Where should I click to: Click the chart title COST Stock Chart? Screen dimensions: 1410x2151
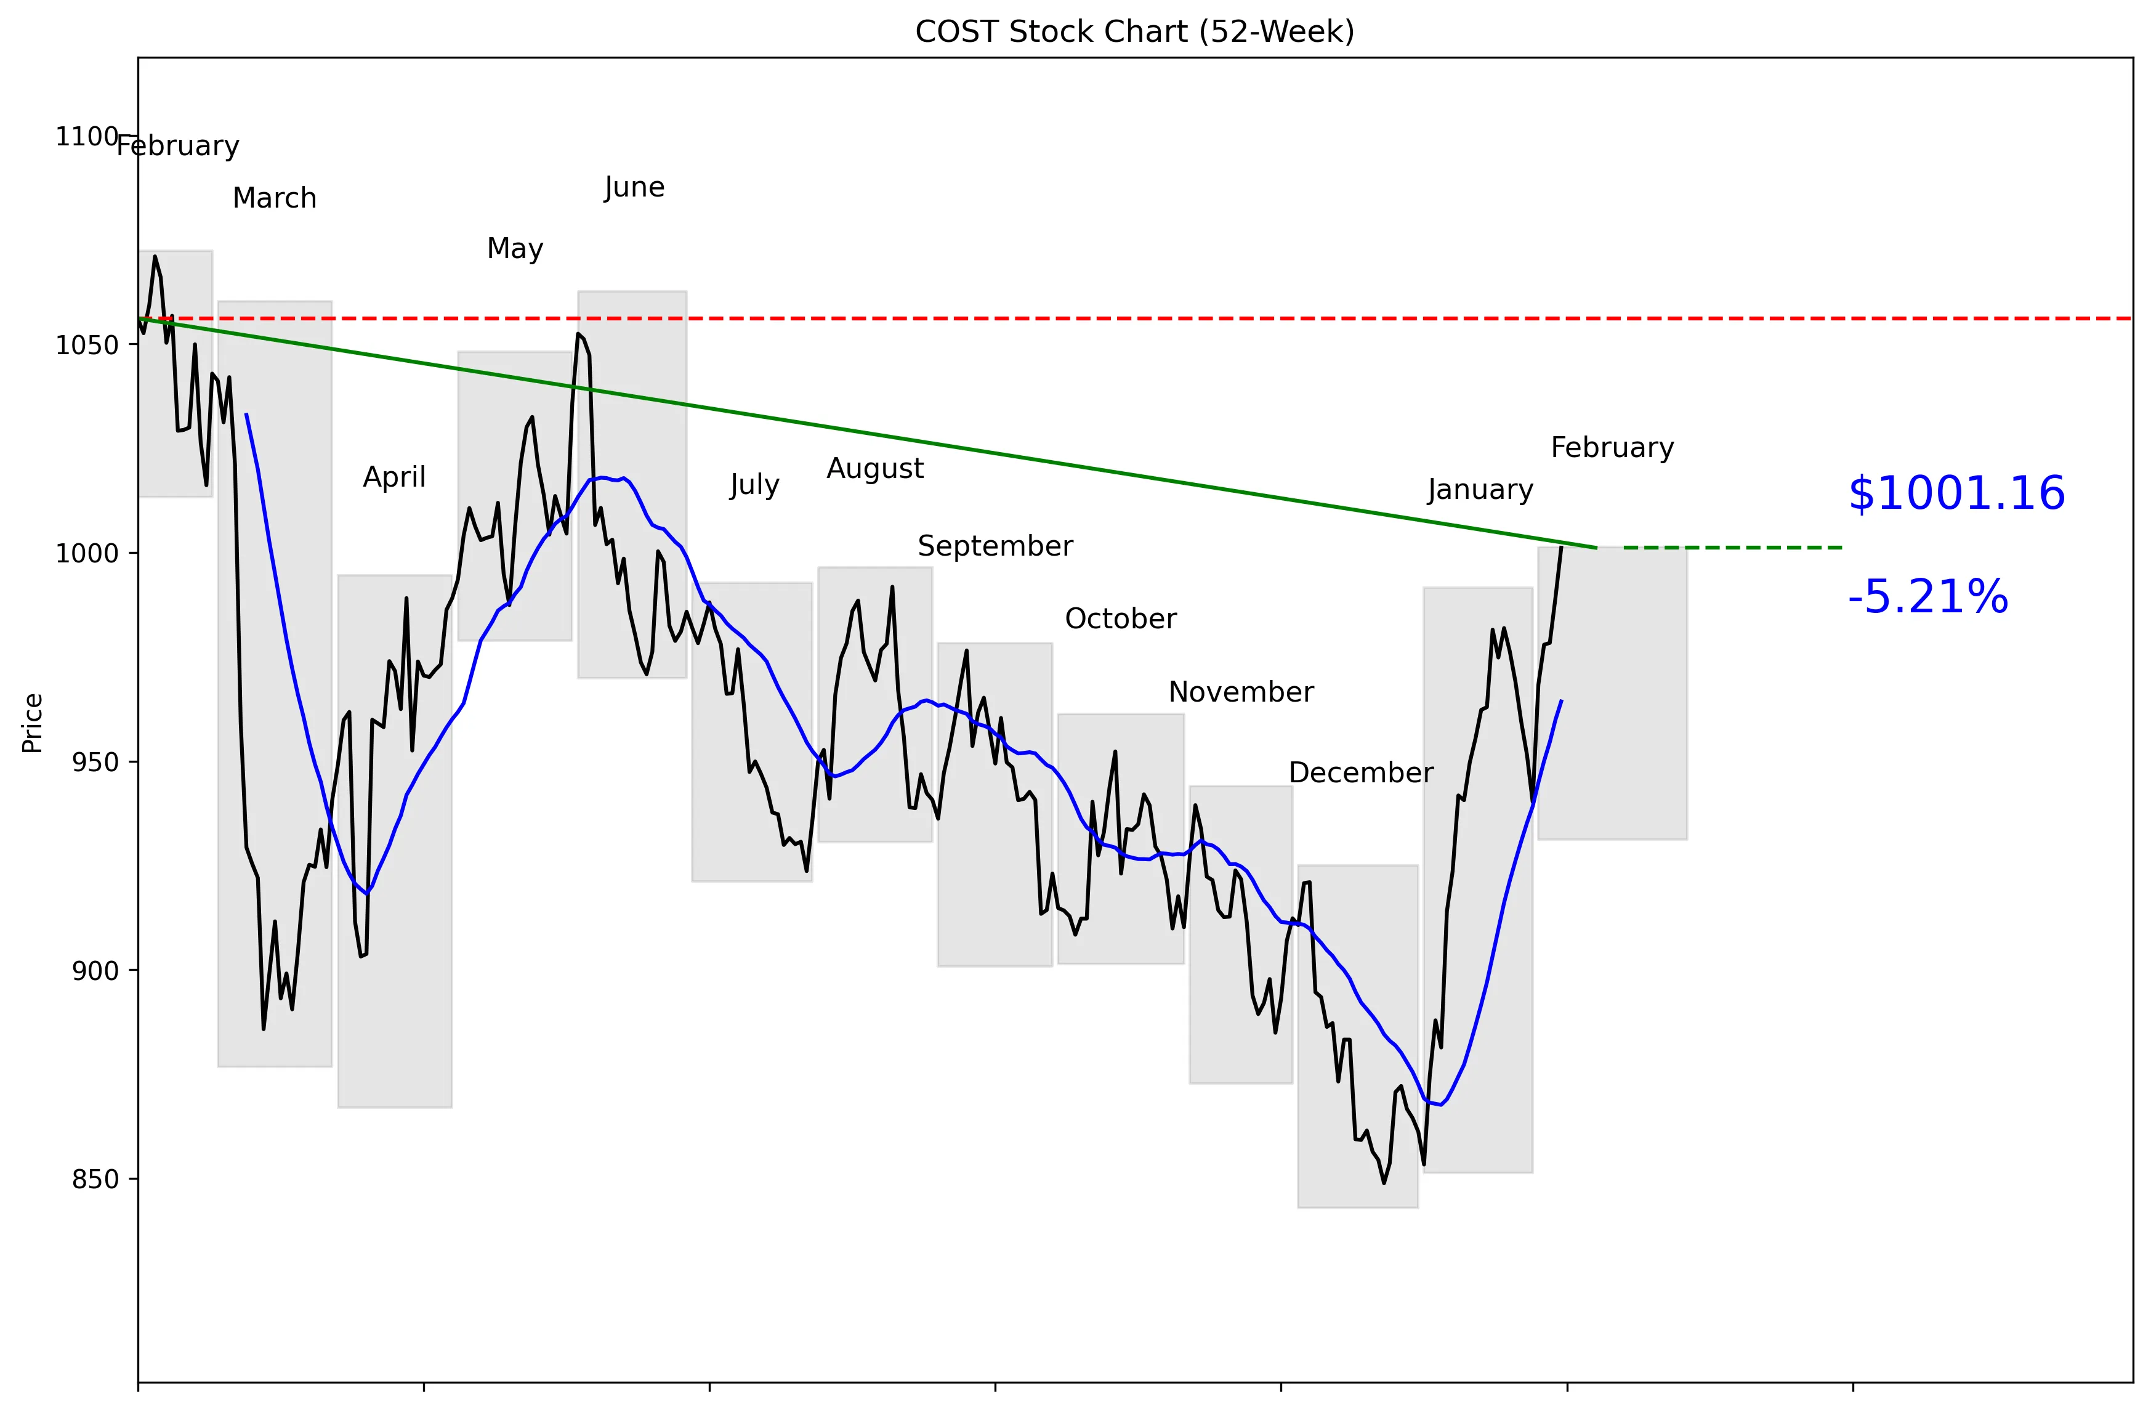tap(1134, 31)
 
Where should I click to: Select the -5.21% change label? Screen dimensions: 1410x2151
tap(1927, 598)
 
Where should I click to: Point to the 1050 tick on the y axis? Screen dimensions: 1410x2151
tap(87, 346)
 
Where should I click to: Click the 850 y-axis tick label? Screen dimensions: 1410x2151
tap(95, 1180)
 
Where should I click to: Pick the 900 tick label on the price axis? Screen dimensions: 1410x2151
tap(95, 971)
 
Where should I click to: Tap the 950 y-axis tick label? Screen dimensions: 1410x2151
tap(95, 762)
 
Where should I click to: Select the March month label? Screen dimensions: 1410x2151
tap(275, 198)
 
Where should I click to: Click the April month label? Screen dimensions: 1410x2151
tap(394, 477)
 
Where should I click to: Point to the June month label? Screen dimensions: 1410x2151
tap(634, 187)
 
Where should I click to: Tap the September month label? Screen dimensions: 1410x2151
tap(995, 546)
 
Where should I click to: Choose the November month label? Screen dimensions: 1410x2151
tap(1241, 692)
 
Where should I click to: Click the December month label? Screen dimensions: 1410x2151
tap(1360, 773)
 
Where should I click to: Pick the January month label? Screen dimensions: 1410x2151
tap(1480, 490)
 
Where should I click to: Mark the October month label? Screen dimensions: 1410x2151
tap(1121, 619)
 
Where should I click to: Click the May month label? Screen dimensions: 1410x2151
tap(515, 249)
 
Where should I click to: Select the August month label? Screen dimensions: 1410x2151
tap(875, 468)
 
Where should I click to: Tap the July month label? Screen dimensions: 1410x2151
tap(754, 485)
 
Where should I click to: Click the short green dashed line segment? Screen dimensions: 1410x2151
tap(1732, 548)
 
